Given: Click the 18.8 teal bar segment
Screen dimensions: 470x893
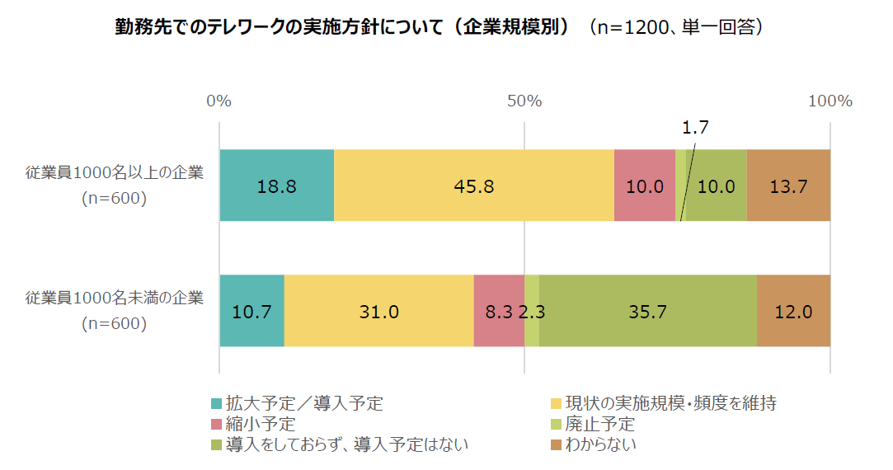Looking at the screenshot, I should click(x=276, y=186).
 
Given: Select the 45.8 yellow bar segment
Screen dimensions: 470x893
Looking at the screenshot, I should click(x=474, y=186).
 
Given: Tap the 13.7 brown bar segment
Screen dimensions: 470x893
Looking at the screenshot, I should click(x=788, y=186).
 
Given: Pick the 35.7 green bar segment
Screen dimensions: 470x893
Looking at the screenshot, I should click(x=648, y=311).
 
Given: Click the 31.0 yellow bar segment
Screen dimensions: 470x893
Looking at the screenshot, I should click(x=378, y=311).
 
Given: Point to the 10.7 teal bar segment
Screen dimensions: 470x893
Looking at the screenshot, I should click(x=251, y=311).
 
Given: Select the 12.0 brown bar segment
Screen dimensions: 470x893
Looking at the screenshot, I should click(x=793, y=311).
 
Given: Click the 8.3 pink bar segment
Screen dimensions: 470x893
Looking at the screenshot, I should click(x=499, y=311).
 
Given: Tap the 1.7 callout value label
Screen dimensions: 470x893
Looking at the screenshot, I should click(x=695, y=128).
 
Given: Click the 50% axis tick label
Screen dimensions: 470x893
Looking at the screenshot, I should click(x=524, y=101).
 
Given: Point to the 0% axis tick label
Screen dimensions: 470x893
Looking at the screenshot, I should click(x=219, y=101).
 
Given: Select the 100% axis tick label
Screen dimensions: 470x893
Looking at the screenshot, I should click(x=830, y=101).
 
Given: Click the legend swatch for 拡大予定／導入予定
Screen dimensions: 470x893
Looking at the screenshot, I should click(x=217, y=404).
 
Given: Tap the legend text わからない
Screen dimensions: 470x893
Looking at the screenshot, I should click(x=600, y=445).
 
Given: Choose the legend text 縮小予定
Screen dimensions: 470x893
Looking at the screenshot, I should click(x=261, y=425).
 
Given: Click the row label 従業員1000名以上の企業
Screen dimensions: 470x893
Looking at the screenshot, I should click(x=114, y=173).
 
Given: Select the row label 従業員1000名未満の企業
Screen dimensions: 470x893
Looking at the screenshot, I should click(x=114, y=298).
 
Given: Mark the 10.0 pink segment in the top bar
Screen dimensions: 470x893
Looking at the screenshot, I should click(x=645, y=186).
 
